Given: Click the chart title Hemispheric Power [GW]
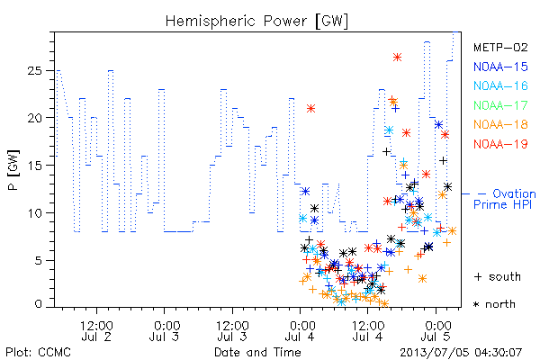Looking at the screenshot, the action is pyautogui.click(x=256, y=22).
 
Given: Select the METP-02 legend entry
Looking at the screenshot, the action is pyautogui.click(x=500, y=47).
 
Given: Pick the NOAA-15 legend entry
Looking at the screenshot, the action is pyautogui.click(x=500, y=67).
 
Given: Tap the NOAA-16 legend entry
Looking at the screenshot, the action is pyautogui.click(x=500, y=85).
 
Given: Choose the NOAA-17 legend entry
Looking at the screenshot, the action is pyautogui.click(x=500, y=105).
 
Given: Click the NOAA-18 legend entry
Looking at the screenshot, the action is pyautogui.click(x=500, y=124).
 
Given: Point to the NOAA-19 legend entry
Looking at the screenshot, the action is pyautogui.click(x=500, y=144).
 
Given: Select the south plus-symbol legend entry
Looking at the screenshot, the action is pyautogui.click(x=498, y=276).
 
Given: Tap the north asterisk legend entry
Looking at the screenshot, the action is pyautogui.click(x=494, y=304).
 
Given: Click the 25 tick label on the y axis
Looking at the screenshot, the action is pyautogui.click(x=34, y=71).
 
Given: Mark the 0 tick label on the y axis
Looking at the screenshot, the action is pyautogui.click(x=38, y=304).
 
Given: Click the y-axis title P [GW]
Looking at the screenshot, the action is pyautogui.click(x=13, y=170).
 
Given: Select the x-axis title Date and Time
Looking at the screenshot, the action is pyautogui.click(x=257, y=352).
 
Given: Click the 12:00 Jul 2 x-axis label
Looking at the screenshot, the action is pyautogui.click(x=96, y=331).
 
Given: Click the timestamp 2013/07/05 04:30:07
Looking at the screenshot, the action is pyautogui.click(x=461, y=352).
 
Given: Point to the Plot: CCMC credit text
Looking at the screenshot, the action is pyautogui.click(x=38, y=352).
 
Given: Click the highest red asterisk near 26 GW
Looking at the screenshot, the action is pyautogui.click(x=397, y=58).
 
